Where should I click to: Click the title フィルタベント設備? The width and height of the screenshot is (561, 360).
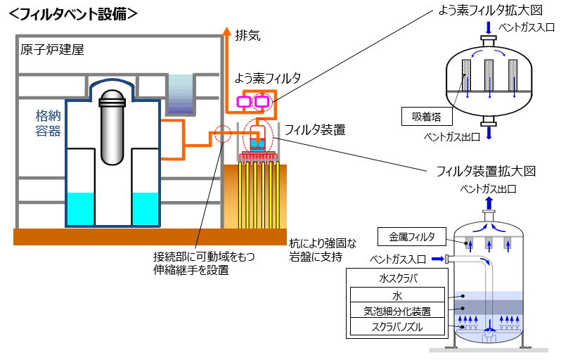click(75, 13)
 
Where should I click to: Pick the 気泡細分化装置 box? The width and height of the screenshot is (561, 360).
click(397, 311)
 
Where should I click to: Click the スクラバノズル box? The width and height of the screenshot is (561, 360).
click(397, 327)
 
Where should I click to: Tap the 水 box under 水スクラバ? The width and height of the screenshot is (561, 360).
click(397, 295)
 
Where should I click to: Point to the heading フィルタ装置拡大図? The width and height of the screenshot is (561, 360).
click(486, 172)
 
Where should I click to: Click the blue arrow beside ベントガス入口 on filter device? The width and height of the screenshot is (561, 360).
click(438, 259)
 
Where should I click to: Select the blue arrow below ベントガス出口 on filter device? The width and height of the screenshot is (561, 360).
click(489, 202)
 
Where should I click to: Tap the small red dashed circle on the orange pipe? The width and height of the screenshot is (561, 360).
click(222, 133)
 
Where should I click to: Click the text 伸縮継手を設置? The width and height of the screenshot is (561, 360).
click(191, 268)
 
